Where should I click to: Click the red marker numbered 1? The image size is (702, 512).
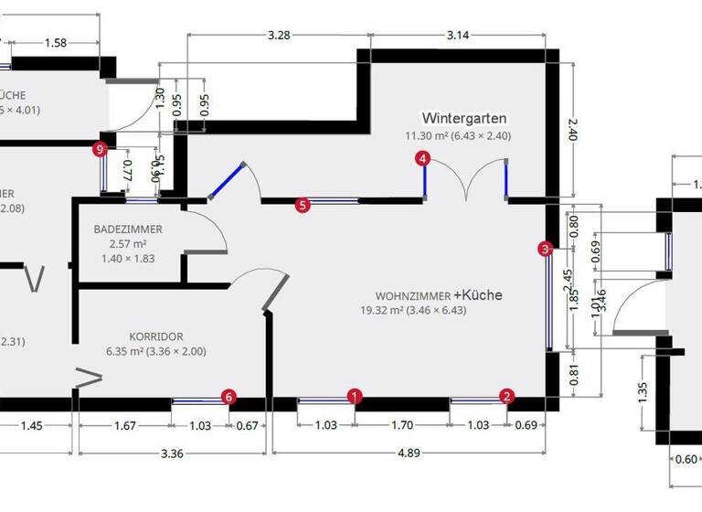tap(356, 396)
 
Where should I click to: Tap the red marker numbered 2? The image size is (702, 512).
tap(506, 396)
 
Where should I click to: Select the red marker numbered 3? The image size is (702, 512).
tap(545, 248)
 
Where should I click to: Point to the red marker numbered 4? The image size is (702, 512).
tap(422, 158)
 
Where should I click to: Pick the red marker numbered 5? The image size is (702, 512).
tap(303, 206)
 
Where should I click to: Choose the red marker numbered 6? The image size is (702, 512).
tap(229, 396)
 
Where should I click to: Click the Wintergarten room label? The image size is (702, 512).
tap(463, 118)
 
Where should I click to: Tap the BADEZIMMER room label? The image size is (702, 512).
tap(127, 229)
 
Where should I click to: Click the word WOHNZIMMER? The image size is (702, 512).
tap(412, 296)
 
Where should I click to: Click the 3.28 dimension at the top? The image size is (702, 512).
tap(279, 36)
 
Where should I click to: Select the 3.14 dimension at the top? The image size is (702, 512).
tap(457, 36)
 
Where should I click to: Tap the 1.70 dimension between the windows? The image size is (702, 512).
tap(402, 425)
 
